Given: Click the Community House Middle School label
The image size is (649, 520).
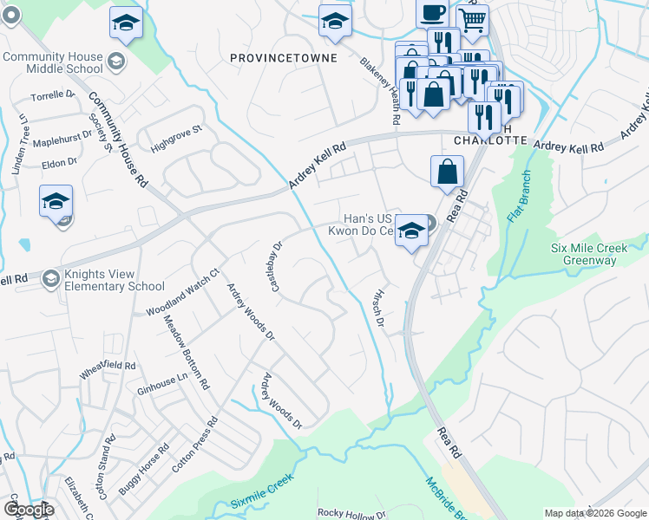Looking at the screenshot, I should tap(52, 62).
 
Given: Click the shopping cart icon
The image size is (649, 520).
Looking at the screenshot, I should tap(472, 20).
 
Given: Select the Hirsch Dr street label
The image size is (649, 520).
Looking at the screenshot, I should tap(377, 309).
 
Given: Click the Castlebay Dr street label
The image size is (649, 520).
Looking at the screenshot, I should tap(277, 267).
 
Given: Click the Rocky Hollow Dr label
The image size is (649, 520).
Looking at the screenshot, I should tap(352, 513).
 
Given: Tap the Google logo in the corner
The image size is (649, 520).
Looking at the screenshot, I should tap(29, 509).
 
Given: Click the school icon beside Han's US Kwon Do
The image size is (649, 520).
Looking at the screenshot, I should tap(411, 231).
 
